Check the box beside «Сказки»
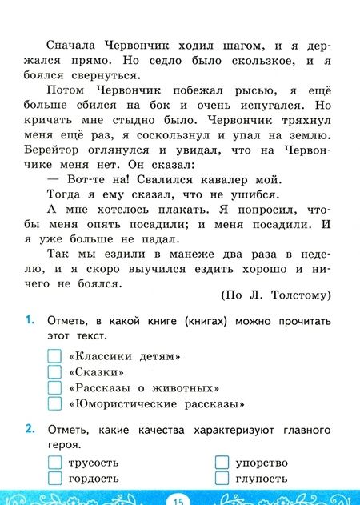(54, 371)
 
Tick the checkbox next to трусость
(54, 462)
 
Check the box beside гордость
(54, 478)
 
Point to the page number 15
(178, 499)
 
